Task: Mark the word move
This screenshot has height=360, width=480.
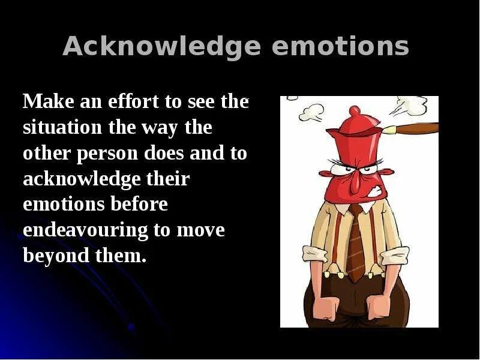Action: pos(201,230)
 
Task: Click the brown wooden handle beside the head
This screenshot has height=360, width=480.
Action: pos(414,128)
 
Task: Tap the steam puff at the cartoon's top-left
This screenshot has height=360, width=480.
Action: pos(312,111)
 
